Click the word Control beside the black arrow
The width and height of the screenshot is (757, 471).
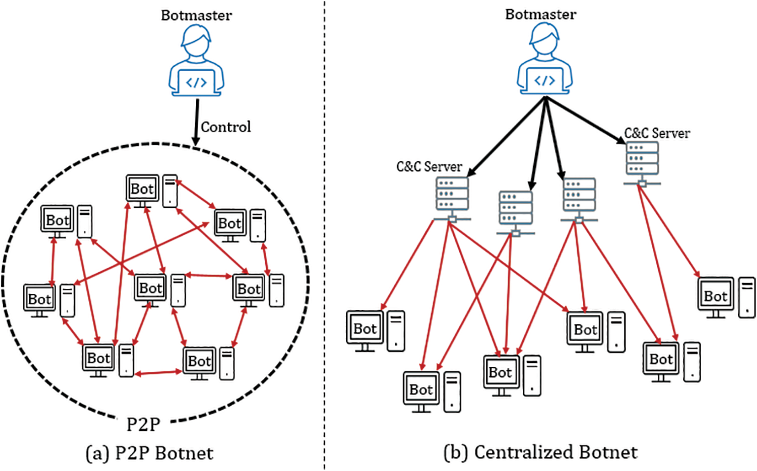coord(226,127)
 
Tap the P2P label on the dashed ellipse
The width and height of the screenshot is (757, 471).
coord(143,424)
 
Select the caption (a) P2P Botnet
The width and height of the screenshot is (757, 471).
coord(150,453)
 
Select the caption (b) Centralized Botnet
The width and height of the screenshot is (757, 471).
coord(541,452)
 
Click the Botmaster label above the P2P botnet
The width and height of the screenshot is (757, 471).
coord(196,16)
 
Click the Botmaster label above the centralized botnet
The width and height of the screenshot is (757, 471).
coord(541,15)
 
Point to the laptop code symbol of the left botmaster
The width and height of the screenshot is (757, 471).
coord(196,83)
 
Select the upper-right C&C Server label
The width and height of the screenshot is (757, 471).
coord(657,133)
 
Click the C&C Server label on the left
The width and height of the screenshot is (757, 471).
coord(429,167)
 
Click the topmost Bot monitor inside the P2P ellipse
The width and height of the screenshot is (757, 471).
coord(142,189)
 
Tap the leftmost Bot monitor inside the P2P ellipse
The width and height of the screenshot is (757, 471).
coord(39,299)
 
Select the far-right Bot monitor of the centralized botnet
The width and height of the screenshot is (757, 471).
coord(715,296)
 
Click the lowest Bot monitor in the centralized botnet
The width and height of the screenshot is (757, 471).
coord(421,389)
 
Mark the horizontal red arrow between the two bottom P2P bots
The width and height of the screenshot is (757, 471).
coord(158,373)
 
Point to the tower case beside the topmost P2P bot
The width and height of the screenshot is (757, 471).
coord(170,191)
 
